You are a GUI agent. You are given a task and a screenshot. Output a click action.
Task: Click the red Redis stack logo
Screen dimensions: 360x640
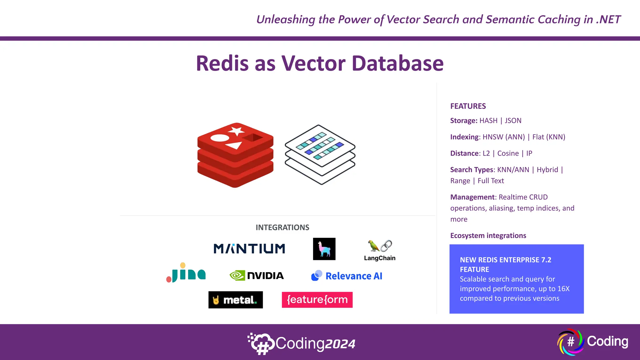point(235,155)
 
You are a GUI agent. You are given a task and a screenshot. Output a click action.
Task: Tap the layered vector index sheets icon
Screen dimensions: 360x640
point(320,154)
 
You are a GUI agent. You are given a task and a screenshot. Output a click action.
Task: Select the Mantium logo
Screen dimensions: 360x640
point(249,249)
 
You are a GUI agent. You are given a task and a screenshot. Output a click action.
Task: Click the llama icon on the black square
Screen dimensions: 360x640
point(324,249)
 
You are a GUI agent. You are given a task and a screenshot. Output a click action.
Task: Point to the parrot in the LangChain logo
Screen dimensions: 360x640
point(373,246)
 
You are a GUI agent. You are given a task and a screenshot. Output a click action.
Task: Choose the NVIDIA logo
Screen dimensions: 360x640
point(257,276)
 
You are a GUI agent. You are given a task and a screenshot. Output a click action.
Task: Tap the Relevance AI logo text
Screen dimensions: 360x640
point(354,276)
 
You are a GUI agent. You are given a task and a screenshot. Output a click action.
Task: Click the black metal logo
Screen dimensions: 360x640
point(236,300)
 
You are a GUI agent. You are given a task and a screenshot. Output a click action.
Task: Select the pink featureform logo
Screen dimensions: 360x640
point(317,300)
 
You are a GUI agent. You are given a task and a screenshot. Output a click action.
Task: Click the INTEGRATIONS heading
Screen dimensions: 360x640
point(282,227)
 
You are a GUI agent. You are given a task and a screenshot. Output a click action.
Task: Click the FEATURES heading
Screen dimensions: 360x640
point(468,106)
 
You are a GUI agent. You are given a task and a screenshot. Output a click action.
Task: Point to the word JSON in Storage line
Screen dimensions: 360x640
point(513,121)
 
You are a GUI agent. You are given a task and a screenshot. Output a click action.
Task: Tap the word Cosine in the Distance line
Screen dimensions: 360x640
point(508,153)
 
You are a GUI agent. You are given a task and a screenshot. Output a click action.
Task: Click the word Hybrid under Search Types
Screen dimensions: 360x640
point(547,170)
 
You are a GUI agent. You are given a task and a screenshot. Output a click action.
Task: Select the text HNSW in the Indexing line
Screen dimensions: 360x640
point(493,137)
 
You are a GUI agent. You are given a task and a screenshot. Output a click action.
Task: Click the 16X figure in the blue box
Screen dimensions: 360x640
point(563,289)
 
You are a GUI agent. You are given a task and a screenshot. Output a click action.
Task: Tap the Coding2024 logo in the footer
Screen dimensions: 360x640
point(302,343)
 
